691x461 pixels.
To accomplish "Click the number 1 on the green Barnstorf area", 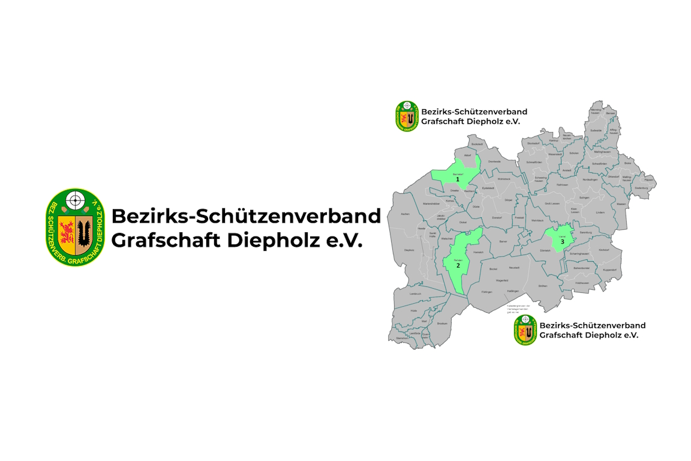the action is pos(458,179).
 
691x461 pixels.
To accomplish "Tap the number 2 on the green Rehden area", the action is pos(458,265).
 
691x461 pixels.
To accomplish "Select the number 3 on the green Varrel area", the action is pos(562,241).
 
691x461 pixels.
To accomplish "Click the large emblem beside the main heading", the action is pos(76,227).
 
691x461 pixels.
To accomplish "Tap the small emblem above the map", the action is pos(407,116).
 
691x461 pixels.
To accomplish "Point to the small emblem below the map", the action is pos(525,330).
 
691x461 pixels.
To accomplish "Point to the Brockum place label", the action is pos(442,323).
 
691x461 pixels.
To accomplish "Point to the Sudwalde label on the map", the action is pos(596,129).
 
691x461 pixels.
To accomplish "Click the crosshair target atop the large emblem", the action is pos(76,199).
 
